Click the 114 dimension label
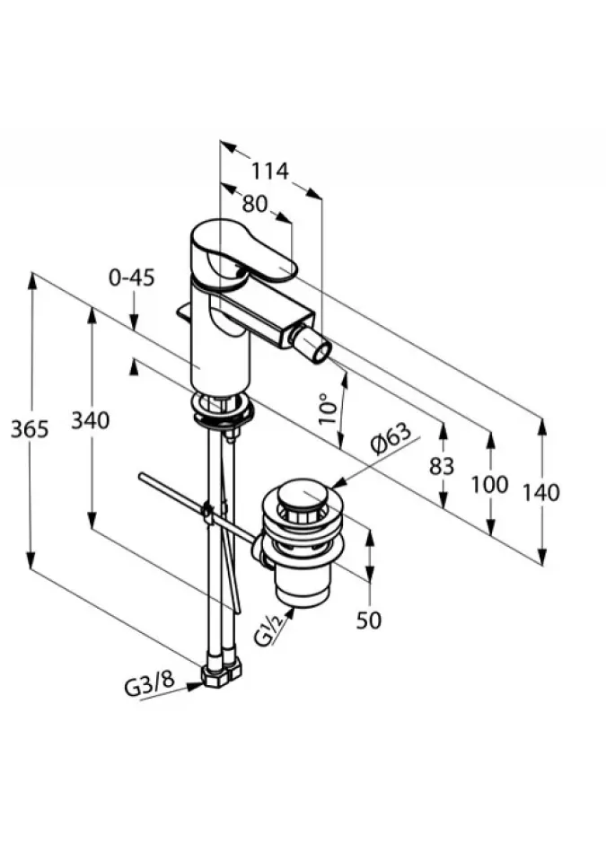coord(269,171)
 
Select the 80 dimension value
coord(255,205)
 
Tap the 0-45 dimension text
coord(131,278)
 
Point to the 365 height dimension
coord(30,429)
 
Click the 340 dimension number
coord(90,421)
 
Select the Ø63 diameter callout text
coord(390,438)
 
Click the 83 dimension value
coord(442,467)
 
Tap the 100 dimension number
coord(489,485)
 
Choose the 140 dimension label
coord(540,493)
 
